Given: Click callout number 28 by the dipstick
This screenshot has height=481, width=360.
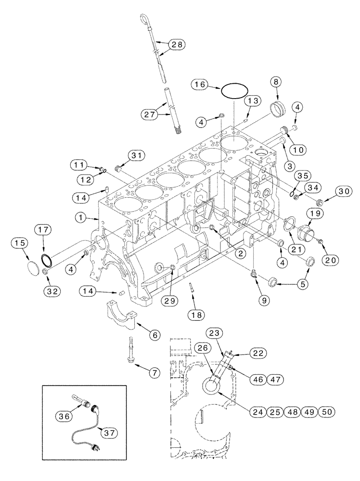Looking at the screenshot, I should pyautogui.click(x=177, y=45).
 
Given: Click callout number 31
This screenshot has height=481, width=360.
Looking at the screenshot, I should pyautogui.click(x=136, y=154).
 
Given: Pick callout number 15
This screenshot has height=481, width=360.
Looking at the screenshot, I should pyautogui.click(x=20, y=244).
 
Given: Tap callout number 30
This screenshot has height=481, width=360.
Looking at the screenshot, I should pyautogui.click(x=343, y=191).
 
